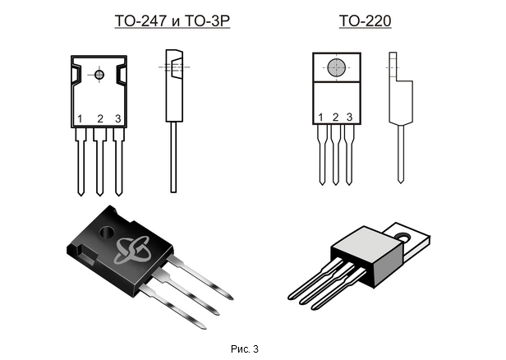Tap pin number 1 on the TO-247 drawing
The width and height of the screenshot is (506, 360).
(80, 120)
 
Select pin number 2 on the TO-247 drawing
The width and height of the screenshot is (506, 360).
(99, 120)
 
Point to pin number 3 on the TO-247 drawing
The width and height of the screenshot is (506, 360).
(118, 120)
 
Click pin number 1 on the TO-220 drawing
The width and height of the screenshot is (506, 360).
(321, 118)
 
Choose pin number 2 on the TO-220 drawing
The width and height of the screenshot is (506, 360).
(335, 118)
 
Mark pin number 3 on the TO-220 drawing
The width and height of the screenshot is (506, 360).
(349, 118)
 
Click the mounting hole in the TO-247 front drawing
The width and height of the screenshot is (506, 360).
(99, 75)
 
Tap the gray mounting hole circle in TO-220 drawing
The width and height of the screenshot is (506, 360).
(335, 68)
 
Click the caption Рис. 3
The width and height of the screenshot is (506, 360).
(244, 349)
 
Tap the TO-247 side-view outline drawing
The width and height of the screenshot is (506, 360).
(173, 115)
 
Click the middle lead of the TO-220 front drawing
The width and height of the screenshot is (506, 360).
(335, 156)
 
